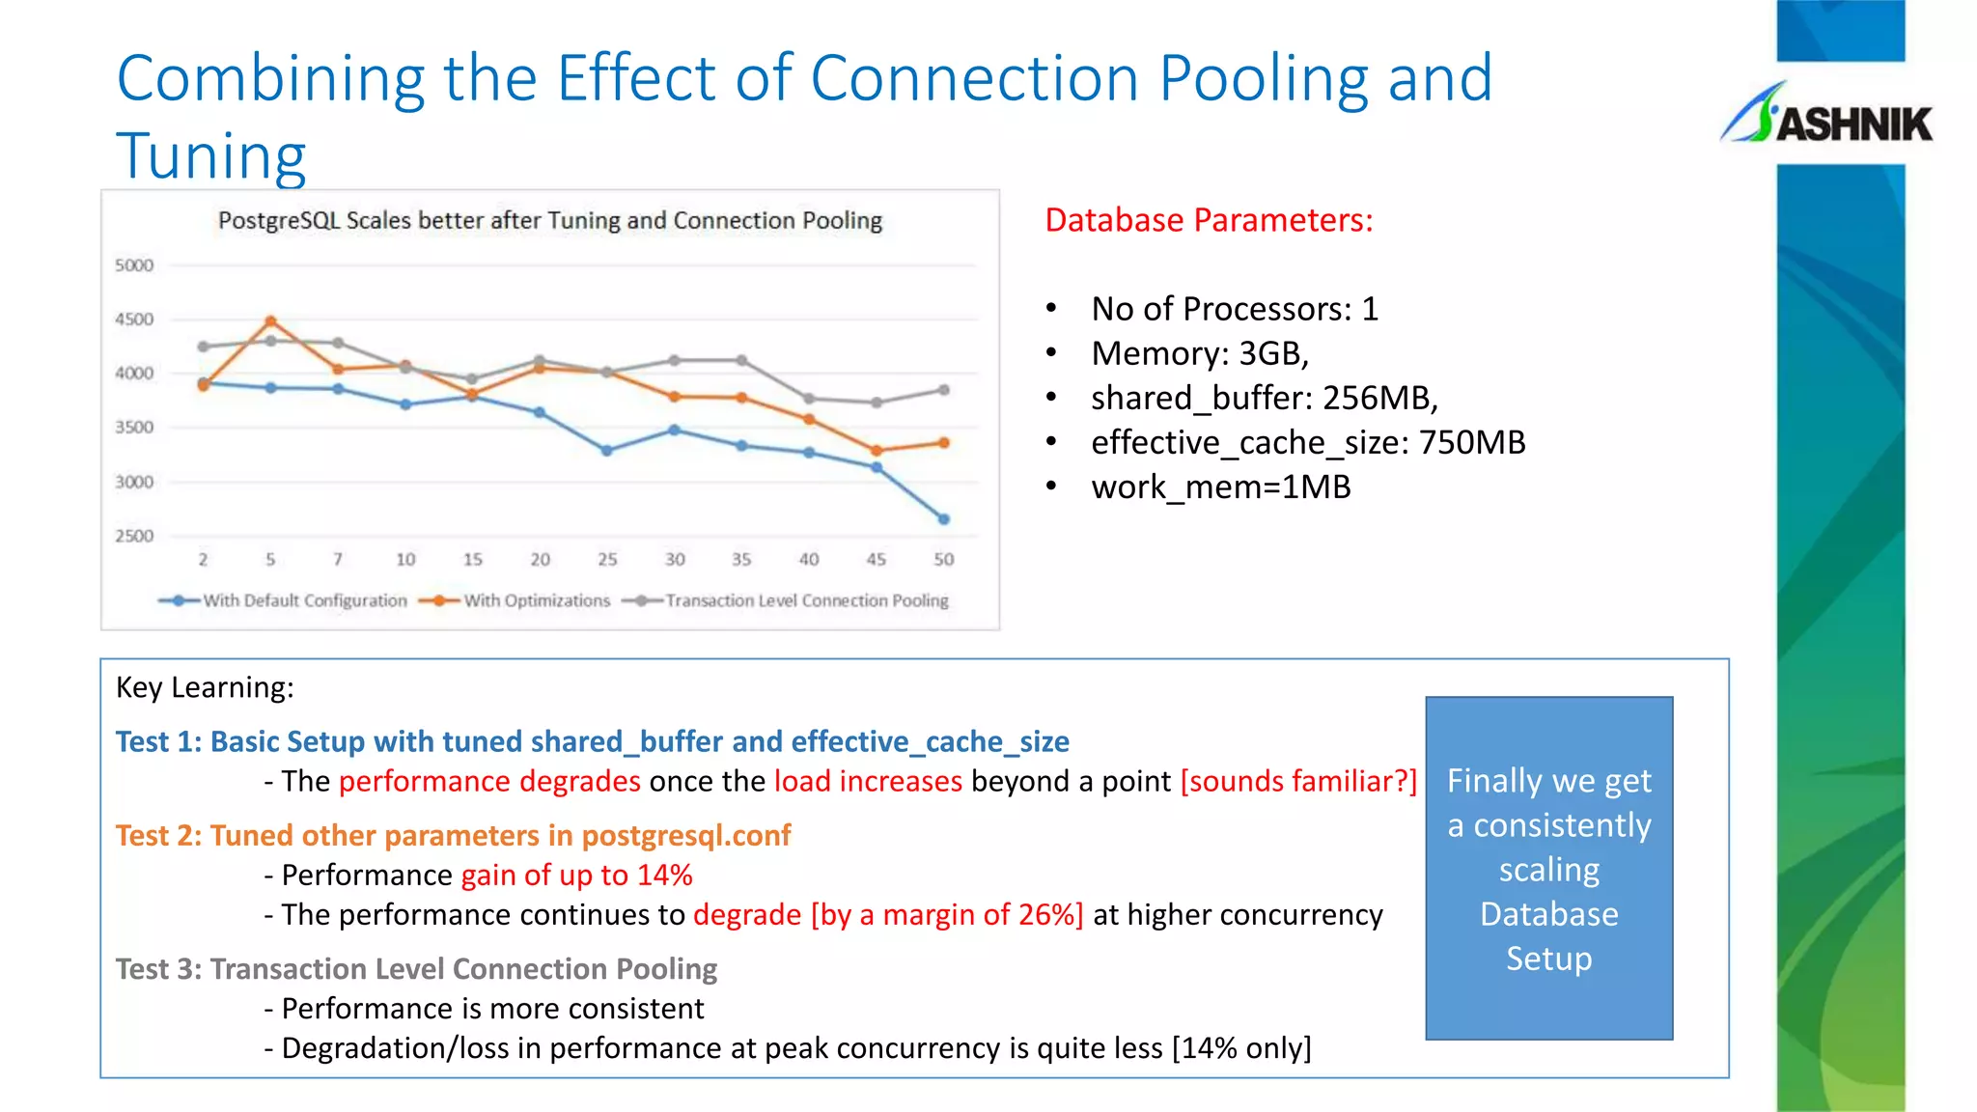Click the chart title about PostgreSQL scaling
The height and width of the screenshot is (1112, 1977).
549,221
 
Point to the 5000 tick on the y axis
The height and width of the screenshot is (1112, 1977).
134,265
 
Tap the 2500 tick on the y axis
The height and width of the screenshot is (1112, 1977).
134,536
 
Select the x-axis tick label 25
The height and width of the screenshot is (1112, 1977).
607,560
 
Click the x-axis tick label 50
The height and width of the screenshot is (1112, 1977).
943,560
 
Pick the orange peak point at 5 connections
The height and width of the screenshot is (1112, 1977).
271,321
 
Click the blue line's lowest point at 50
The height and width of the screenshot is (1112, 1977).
944,519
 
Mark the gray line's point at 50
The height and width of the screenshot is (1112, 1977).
944,390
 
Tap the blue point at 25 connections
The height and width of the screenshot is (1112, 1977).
607,451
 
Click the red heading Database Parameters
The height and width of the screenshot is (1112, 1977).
1209,221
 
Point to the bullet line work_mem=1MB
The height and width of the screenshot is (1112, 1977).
1220,487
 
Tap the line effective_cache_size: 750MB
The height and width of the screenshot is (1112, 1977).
1307,443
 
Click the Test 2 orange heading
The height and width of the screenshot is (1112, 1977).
453,835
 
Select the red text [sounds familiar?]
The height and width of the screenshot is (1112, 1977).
1298,781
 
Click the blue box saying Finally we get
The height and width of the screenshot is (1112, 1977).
1548,868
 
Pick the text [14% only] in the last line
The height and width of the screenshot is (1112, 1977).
1241,1048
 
